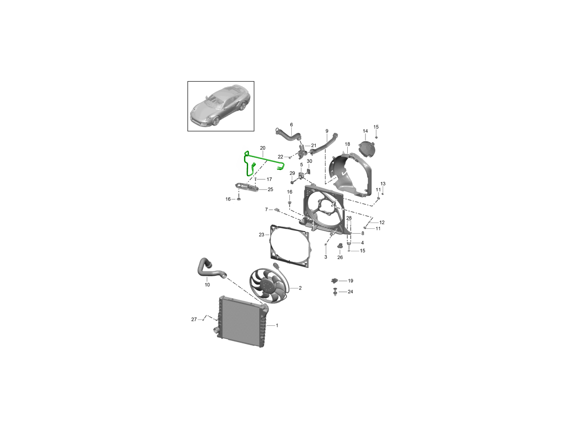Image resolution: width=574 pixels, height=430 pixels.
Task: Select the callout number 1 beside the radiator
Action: pyautogui.click(x=277, y=325)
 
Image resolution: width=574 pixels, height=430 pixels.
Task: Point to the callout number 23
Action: pyautogui.click(x=262, y=235)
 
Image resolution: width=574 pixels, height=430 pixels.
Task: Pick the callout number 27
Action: pyautogui.click(x=194, y=319)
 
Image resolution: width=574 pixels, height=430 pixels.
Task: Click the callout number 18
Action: pyautogui.click(x=347, y=144)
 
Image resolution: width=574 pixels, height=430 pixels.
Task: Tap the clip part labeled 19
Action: pyautogui.click(x=334, y=280)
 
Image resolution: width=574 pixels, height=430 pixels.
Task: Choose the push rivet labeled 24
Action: pyautogui.click(x=335, y=291)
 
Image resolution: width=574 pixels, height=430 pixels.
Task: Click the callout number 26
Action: pyautogui.click(x=340, y=257)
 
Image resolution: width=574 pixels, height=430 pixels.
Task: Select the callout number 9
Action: pyautogui.click(x=327, y=131)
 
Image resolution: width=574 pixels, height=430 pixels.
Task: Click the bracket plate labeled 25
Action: pyautogui.click(x=247, y=187)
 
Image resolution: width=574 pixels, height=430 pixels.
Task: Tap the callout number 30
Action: pyautogui.click(x=309, y=161)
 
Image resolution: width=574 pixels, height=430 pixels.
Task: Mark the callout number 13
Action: pyautogui.click(x=383, y=183)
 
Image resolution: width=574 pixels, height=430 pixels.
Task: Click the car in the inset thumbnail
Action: pyautogui.click(x=220, y=107)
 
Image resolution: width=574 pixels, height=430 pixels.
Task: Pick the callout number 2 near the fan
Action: pyautogui.click(x=300, y=288)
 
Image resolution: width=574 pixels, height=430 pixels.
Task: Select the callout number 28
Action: pyautogui.click(x=349, y=218)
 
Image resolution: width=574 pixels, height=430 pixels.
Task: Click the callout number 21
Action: pyautogui.click(x=313, y=145)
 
